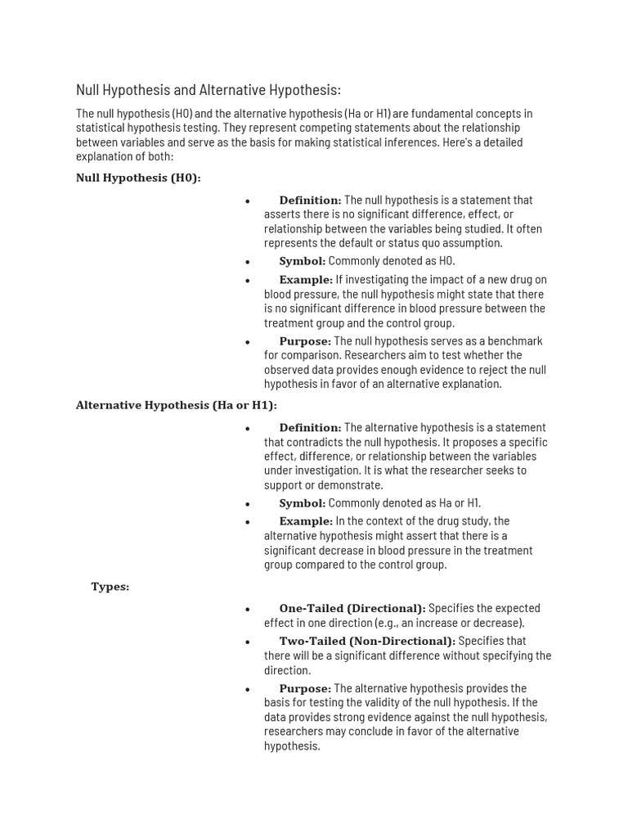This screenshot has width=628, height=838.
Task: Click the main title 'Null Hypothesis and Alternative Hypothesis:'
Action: click(x=209, y=90)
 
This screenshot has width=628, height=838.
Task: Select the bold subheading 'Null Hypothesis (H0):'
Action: click(x=138, y=178)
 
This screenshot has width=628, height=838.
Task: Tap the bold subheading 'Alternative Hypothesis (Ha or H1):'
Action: click(x=177, y=405)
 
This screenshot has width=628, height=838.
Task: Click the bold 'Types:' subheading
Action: click(x=110, y=587)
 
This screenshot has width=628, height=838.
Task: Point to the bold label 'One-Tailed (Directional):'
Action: click(x=352, y=608)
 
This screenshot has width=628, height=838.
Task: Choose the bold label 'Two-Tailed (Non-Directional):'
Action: click(x=367, y=641)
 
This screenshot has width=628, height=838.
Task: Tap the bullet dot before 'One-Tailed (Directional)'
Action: click(x=247, y=609)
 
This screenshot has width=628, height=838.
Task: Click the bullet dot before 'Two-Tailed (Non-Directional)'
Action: click(x=247, y=642)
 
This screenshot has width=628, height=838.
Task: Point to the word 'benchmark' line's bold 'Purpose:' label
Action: click(x=305, y=340)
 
